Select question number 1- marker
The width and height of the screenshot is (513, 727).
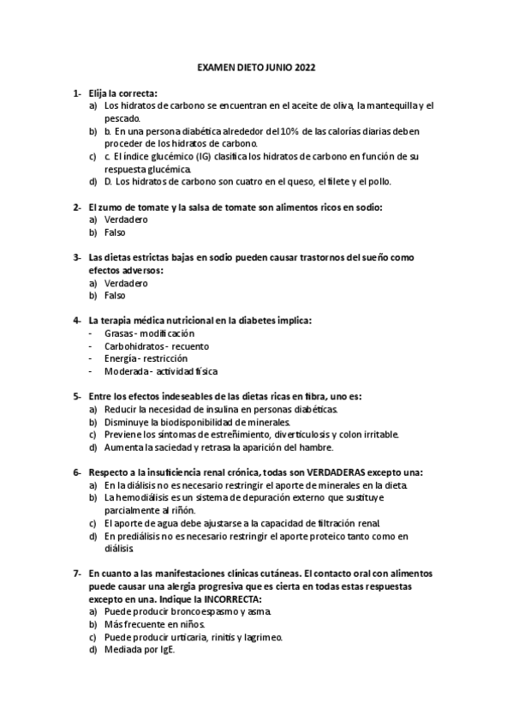[x=77, y=92]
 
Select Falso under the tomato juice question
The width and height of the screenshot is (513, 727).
[x=115, y=232]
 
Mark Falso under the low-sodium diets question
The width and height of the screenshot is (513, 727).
[x=115, y=296]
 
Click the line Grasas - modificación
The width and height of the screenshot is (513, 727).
[x=149, y=333]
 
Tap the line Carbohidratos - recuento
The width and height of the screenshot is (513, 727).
[x=156, y=345]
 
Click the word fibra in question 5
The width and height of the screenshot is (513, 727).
[x=309, y=396]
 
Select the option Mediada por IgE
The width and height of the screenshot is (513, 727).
[x=140, y=650]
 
